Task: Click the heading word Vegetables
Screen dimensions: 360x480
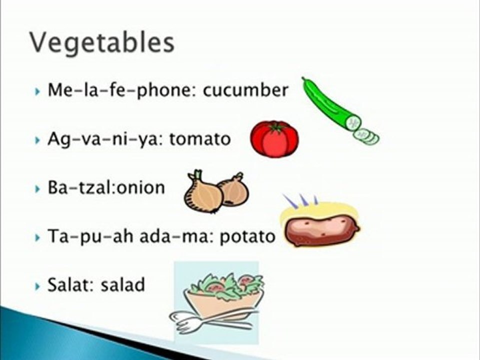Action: coord(102,42)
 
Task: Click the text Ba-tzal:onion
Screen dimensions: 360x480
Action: coord(105,187)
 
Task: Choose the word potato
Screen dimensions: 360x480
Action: coord(247,236)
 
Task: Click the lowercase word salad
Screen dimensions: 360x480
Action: coord(122,284)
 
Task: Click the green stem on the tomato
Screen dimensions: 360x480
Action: coord(274,127)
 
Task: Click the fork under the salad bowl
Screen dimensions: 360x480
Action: coord(192,322)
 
